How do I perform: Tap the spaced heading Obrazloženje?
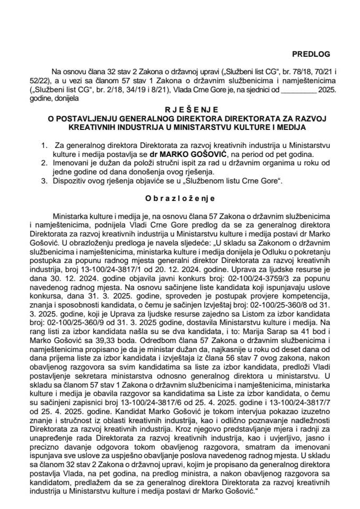coord(179,198)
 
